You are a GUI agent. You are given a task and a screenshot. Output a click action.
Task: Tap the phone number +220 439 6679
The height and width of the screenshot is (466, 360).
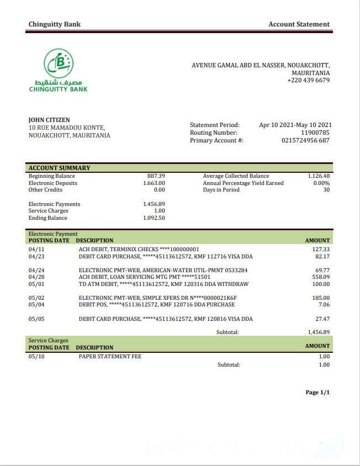pyautogui.click(x=308, y=80)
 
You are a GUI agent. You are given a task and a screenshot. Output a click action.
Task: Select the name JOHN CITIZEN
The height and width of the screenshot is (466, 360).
pyautogui.click(x=49, y=120)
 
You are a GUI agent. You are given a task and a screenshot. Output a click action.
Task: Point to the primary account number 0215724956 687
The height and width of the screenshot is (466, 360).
pyautogui.click(x=305, y=140)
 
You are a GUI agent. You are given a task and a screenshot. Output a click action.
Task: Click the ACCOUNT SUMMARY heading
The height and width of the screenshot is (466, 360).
pyautogui.click(x=59, y=168)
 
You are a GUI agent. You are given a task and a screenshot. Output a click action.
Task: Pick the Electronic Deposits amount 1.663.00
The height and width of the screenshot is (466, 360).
pyautogui.click(x=154, y=183)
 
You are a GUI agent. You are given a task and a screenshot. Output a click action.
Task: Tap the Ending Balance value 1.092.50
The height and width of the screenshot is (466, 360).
pyautogui.click(x=154, y=218)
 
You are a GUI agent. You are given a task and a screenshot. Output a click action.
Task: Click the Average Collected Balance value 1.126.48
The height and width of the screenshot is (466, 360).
pyautogui.click(x=319, y=176)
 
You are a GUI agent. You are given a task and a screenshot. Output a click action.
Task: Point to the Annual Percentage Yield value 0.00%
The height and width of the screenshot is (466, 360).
pyautogui.click(x=321, y=183)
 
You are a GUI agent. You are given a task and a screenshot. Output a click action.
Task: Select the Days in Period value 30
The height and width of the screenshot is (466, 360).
pyautogui.click(x=326, y=189)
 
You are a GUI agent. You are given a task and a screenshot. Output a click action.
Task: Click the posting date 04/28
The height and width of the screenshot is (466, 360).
pyautogui.click(x=36, y=277)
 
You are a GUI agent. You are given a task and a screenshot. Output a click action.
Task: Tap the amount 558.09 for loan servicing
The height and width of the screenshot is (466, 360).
pyautogui.click(x=320, y=277)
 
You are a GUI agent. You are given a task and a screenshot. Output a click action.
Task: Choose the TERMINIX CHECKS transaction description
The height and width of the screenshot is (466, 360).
pyautogui.click(x=139, y=249)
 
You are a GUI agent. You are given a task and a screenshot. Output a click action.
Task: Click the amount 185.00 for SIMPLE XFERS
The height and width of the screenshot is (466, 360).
pyautogui.click(x=320, y=298)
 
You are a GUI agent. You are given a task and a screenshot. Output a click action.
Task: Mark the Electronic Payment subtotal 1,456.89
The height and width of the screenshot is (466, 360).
pyautogui.click(x=319, y=332)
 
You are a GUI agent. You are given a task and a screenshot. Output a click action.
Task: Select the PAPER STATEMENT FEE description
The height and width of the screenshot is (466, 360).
pyautogui.click(x=110, y=356)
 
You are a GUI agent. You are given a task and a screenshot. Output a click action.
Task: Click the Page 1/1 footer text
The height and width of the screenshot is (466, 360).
pyautogui.click(x=317, y=392)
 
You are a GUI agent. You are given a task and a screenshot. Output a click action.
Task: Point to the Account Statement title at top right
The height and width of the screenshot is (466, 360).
pyautogui.click(x=299, y=24)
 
